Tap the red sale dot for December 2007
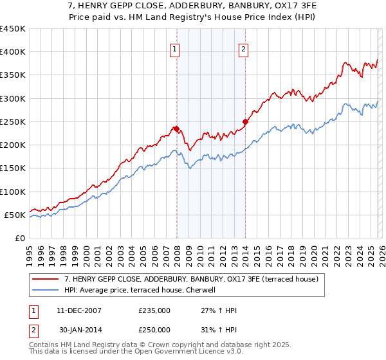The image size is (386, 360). (176, 129)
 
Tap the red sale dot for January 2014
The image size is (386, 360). (245, 122)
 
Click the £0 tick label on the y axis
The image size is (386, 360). (19, 238)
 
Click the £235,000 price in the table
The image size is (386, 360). (154, 310)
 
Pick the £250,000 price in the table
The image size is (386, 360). (154, 329)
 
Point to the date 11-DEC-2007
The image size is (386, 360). (74, 310)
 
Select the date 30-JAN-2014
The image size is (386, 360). (74, 329)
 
